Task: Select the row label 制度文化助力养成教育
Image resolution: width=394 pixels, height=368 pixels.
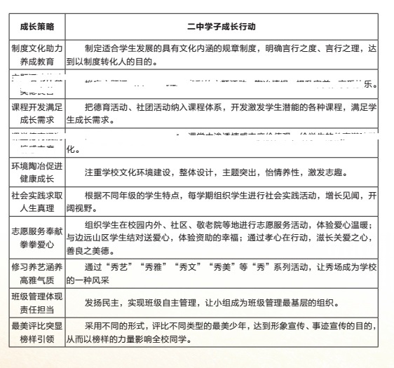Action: (x=37, y=55)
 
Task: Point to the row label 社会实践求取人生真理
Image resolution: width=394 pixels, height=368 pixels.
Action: (x=37, y=200)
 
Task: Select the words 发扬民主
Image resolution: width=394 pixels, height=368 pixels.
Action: (x=102, y=304)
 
